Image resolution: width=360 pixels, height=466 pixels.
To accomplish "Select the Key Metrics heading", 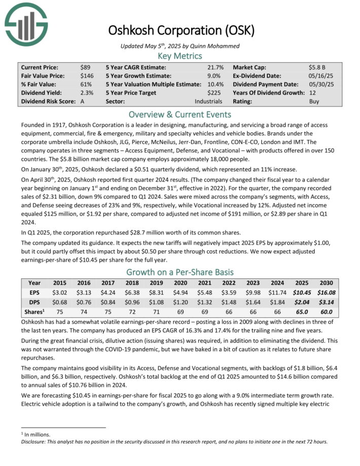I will (x=180, y=56).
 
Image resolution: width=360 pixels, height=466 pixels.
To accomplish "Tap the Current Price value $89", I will (x=85, y=67).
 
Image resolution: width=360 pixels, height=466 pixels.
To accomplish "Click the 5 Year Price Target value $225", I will (x=215, y=93).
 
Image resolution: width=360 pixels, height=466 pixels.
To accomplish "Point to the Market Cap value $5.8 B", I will (x=317, y=67).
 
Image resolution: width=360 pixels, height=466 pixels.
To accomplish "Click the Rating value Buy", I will (x=314, y=101).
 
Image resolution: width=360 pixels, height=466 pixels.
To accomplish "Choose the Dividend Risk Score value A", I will (x=83, y=101).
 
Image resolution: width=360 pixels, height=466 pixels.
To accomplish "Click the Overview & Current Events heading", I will (x=180, y=114).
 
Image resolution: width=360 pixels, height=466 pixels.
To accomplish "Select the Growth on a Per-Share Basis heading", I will (x=180, y=271).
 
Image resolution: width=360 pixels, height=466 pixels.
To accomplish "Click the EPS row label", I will (x=34, y=293).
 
